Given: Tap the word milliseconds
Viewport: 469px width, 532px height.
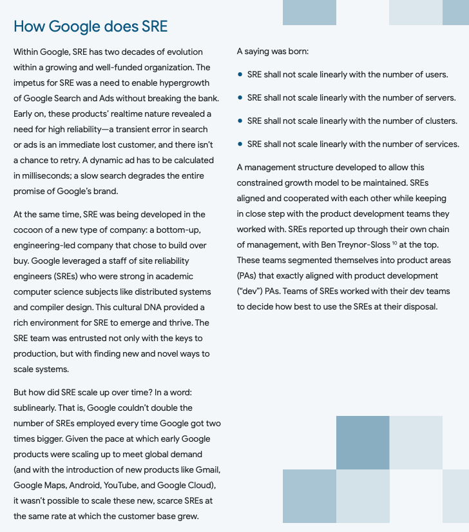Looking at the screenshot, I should [41, 175].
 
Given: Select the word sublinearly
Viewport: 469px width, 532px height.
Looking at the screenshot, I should [41, 408].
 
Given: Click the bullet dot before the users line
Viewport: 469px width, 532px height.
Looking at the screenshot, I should [240, 75].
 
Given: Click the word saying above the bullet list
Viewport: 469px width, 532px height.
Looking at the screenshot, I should [259, 52].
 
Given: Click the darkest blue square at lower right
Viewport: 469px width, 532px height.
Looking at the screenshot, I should [363, 442].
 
